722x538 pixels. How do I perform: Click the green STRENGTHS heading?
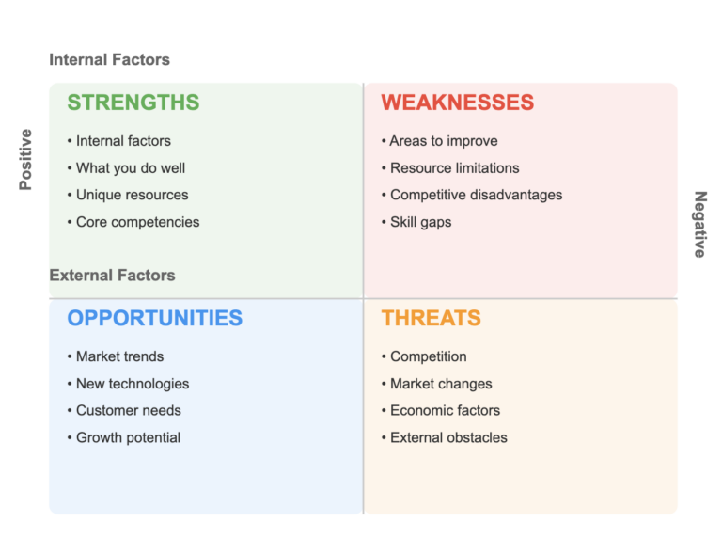tap(133, 103)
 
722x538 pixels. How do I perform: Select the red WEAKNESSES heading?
tap(457, 103)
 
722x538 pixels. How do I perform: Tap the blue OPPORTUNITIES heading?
tap(154, 318)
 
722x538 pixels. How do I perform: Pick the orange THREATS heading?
tap(431, 318)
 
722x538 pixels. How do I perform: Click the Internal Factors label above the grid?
tap(109, 60)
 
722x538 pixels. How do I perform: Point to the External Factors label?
tap(112, 276)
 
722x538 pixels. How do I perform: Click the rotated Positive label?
tap(26, 160)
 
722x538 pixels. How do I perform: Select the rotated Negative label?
tap(699, 225)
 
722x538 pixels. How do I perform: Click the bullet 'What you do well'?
tap(130, 168)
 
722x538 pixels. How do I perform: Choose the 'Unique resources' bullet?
tap(132, 195)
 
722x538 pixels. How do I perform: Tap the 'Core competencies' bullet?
tap(137, 222)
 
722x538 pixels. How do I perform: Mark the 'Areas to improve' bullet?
tap(443, 141)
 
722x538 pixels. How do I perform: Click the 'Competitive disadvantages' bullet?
tap(476, 195)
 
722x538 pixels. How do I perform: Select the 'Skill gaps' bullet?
tap(420, 222)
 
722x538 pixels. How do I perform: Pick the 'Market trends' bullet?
tap(119, 356)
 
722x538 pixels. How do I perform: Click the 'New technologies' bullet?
tap(132, 384)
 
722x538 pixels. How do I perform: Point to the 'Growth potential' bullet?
tap(128, 437)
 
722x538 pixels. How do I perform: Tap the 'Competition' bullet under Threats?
tap(428, 356)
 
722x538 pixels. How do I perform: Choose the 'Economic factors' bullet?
tap(445, 410)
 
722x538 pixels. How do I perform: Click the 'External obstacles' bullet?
tap(448, 437)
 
